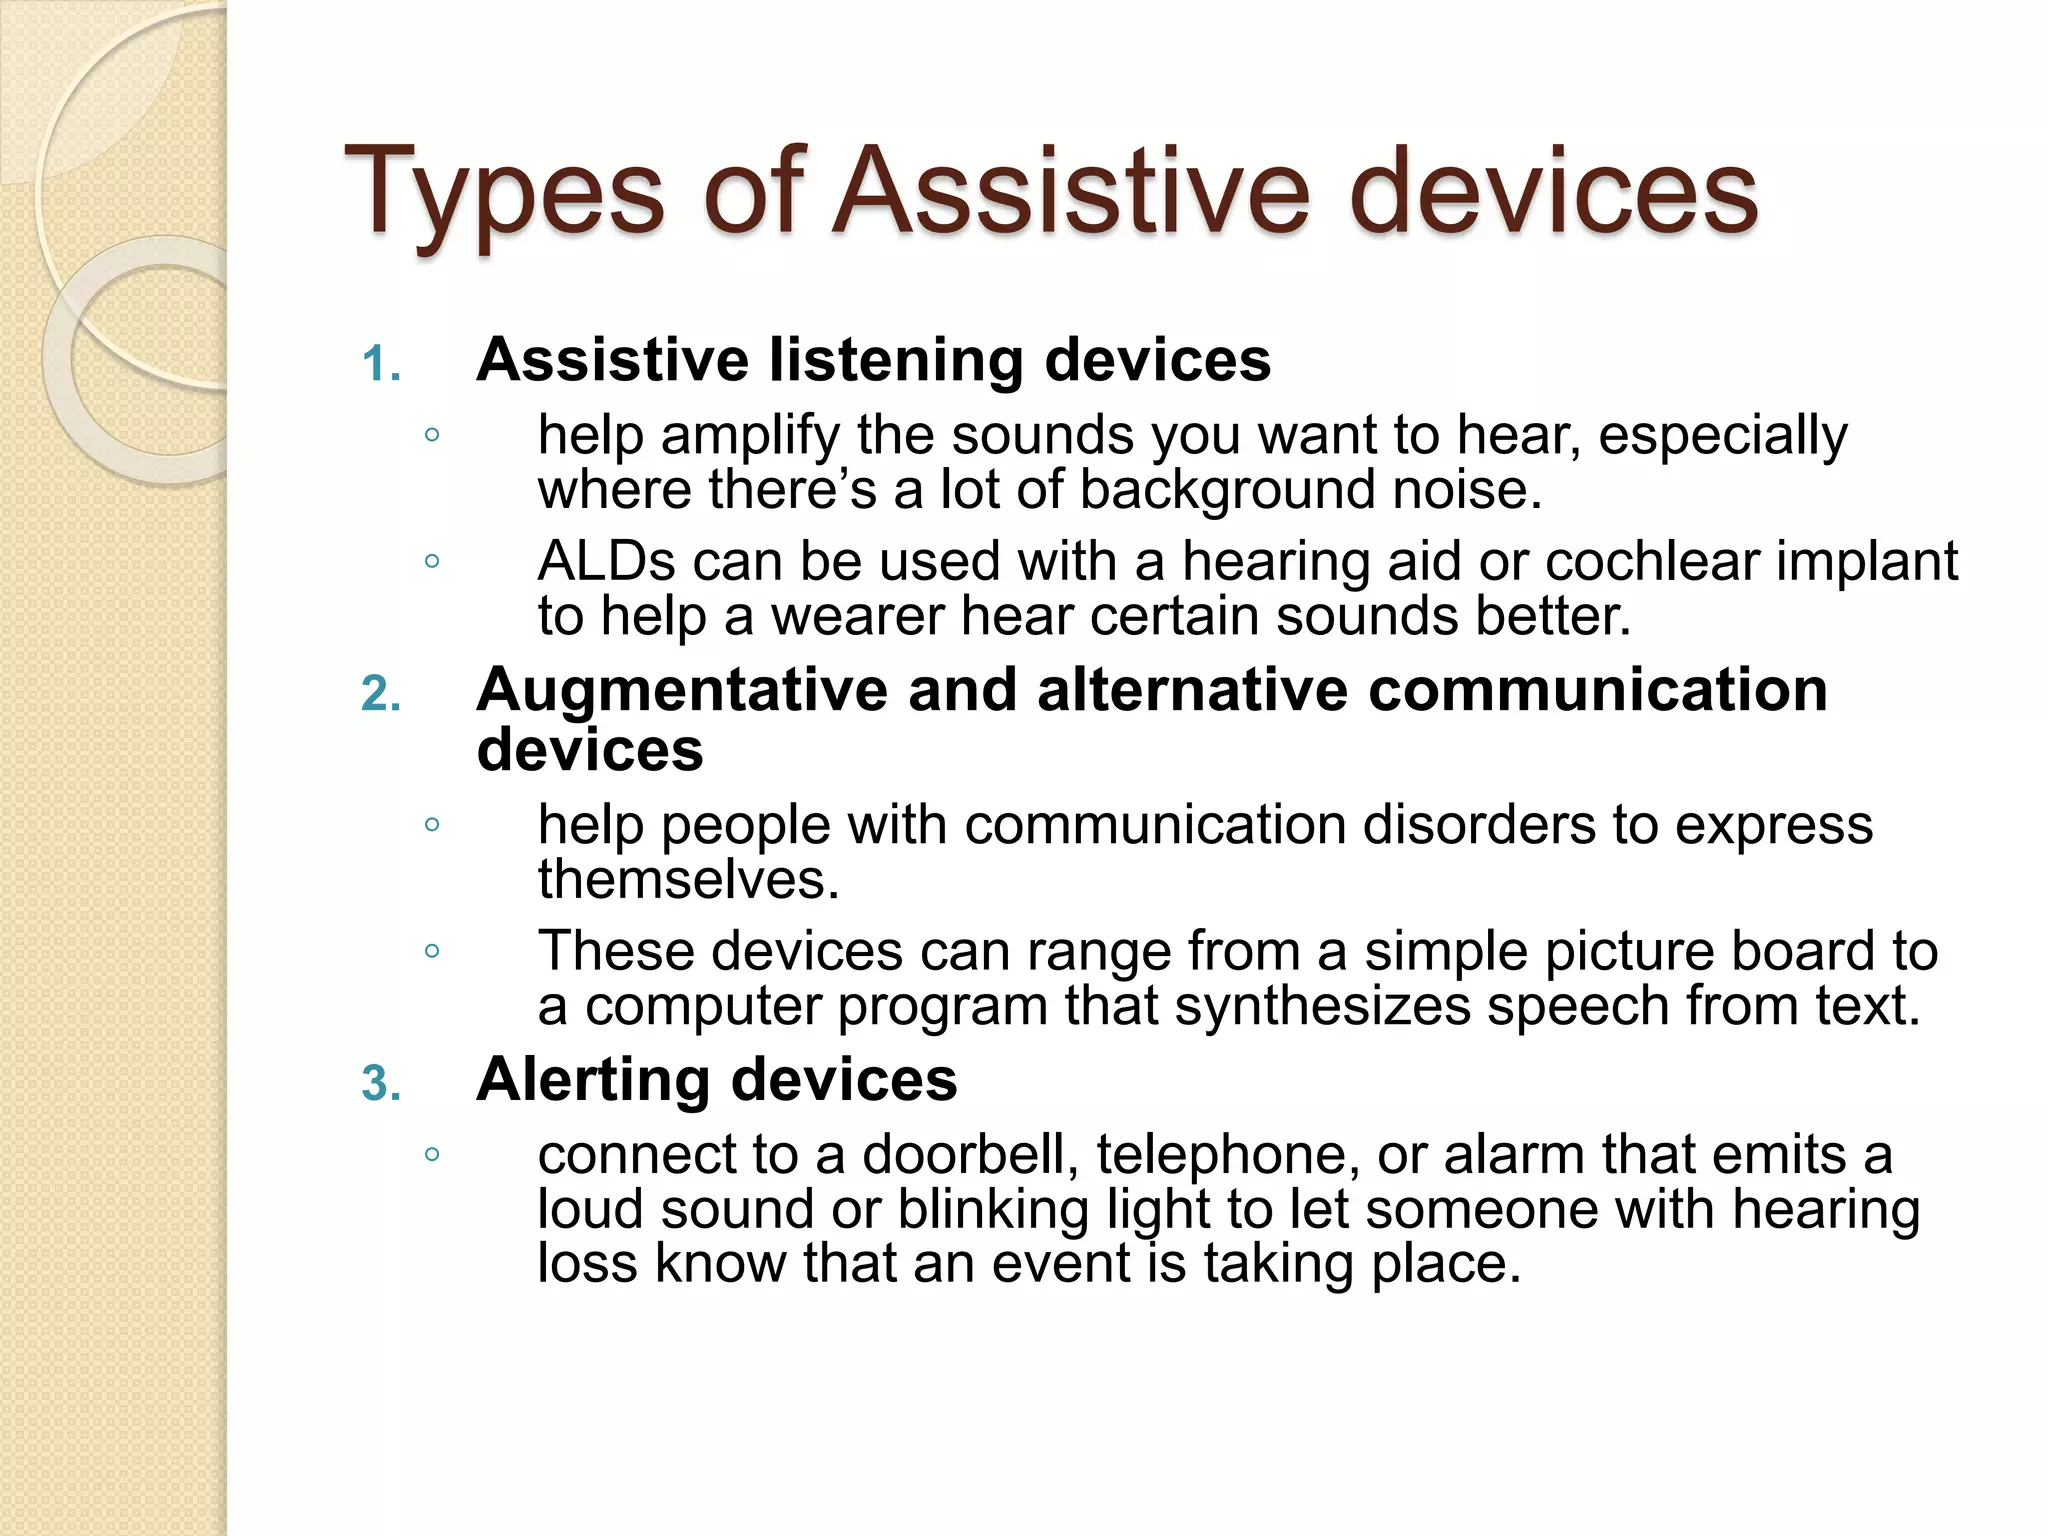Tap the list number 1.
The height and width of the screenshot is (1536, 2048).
[381, 364]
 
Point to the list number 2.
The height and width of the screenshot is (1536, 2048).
[381, 694]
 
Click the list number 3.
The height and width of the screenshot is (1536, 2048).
[381, 1084]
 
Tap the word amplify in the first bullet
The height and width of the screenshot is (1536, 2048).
[750, 437]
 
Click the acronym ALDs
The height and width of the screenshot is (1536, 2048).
[607, 561]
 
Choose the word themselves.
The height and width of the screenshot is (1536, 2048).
[688, 880]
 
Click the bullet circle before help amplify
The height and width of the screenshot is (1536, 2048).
[432, 435]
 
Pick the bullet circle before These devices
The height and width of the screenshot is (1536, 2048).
[432, 951]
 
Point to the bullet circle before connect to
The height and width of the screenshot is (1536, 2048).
[432, 1155]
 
